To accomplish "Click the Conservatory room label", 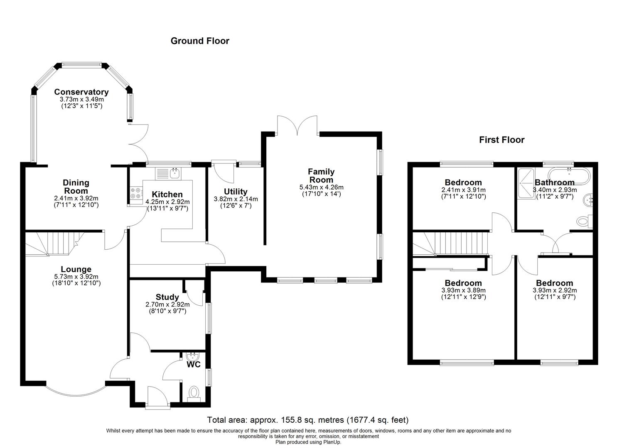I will [81, 92].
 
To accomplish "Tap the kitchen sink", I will [168, 173].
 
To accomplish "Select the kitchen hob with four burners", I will [135, 193].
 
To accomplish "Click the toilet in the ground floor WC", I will [194, 392].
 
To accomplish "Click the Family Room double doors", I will [297, 125].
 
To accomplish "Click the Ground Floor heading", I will [200, 41].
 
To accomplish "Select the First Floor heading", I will [501, 140].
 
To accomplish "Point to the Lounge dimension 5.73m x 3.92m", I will [76, 277].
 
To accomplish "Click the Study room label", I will [167, 297].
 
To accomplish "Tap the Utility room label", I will [236, 192].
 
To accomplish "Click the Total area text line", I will [308, 420].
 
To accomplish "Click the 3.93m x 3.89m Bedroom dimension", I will [463, 290].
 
